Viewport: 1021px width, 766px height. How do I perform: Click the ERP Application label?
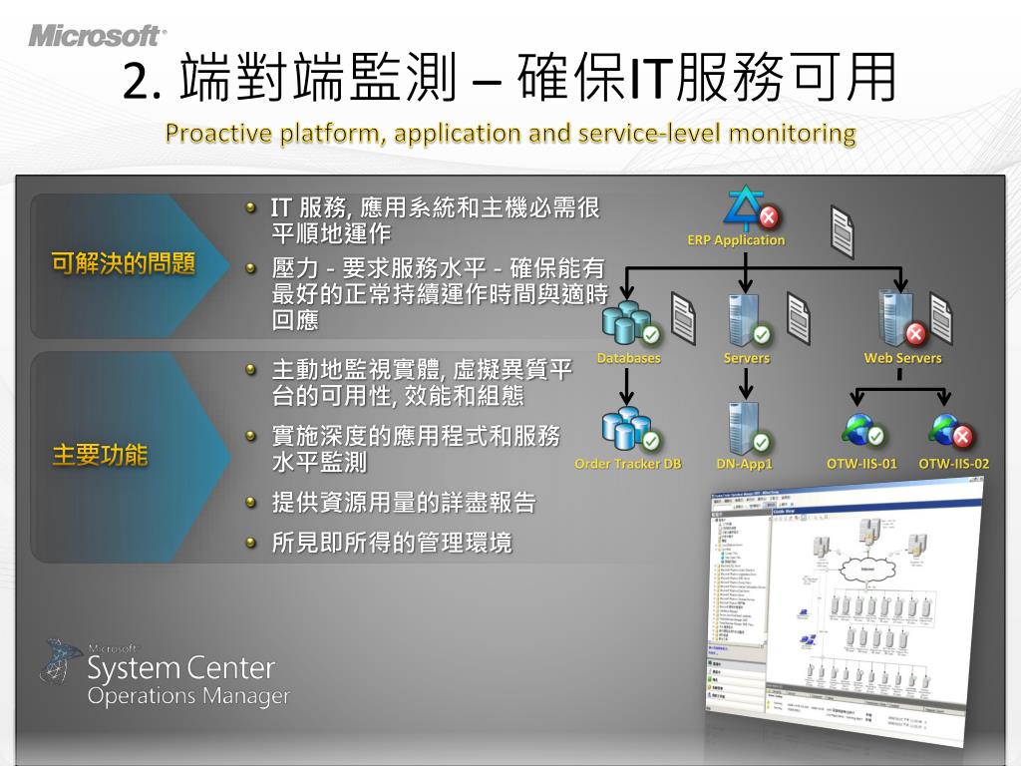[x=736, y=240]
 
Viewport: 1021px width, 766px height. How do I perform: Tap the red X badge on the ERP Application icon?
[x=769, y=217]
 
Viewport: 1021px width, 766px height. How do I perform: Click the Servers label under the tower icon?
[x=747, y=358]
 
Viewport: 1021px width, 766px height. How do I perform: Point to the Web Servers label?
[x=902, y=358]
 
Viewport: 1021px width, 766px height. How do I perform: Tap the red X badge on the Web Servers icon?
[x=913, y=333]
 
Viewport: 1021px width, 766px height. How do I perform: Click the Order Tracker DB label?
[x=628, y=464]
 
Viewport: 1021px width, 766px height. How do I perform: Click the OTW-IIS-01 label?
[x=862, y=464]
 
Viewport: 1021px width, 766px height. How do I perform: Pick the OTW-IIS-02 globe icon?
[x=950, y=430]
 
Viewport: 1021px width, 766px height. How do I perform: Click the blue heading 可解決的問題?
[x=123, y=264]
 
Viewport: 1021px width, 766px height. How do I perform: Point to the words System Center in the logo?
[x=180, y=666]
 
